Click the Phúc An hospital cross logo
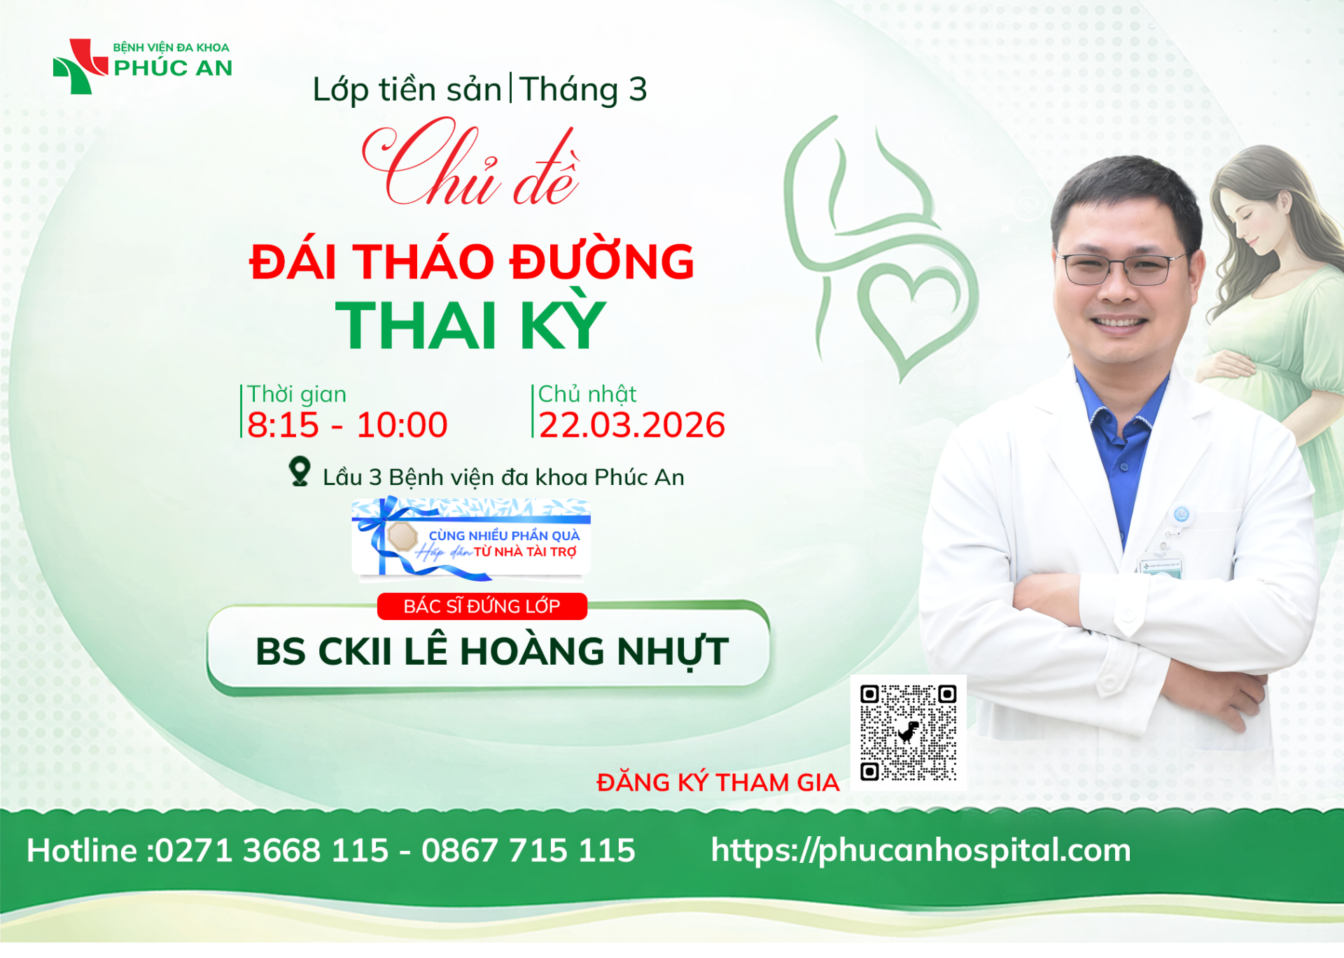point(80,66)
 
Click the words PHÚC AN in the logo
point(173,68)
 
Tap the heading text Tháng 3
point(583,90)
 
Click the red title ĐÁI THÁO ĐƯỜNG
point(472,262)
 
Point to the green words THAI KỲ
point(470,325)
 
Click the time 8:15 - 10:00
point(347,425)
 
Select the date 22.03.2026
point(632,425)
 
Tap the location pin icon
point(300,472)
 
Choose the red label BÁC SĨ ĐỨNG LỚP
point(482,606)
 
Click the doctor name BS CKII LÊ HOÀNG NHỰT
point(492,651)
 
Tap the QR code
point(908,733)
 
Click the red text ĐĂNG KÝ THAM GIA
point(717,782)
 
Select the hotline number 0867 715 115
point(528,850)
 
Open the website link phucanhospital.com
point(920,851)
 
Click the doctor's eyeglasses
point(1121,268)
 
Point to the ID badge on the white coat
point(1161,567)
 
